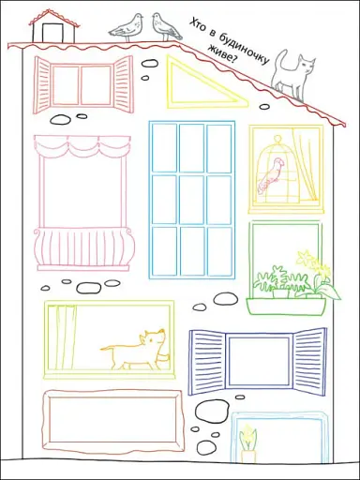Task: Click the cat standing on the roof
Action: coord(292,77)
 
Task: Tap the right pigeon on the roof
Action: coord(166,26)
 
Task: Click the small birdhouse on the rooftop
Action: coord(53,27)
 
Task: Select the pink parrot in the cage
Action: coord(270,175)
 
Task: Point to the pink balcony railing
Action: coord(84,247)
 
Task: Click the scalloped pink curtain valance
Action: coord(82,145)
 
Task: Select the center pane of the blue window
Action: coord(192,200)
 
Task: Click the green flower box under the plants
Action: coord(286,306)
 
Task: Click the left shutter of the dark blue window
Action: coord(207,362)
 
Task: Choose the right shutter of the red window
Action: coord(123,83)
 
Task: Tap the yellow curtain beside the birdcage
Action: coord(305,166)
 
